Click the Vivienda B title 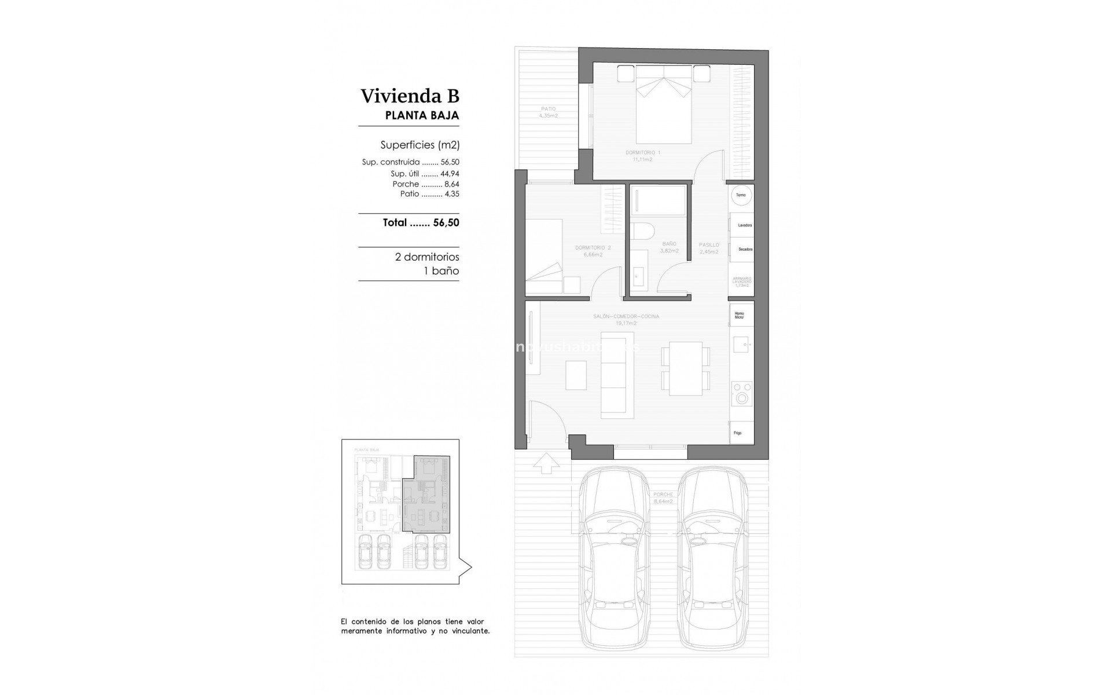[x=410, y=96]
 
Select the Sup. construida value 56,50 [x=450, y=162]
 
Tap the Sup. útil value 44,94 [x=450, y=173]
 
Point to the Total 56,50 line [x=421, y=222]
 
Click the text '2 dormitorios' [x=427, y=257]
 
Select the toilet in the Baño [x=642, y=231]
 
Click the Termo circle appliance [x=741, y=195]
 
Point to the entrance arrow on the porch [x=545, y=463]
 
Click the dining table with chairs [x=685, y=368]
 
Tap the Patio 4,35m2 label [x=548, y=112]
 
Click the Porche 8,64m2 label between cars [x=663, y=498]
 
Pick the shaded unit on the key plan [x=425, y=498]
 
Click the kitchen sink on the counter [x=741, y=345]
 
